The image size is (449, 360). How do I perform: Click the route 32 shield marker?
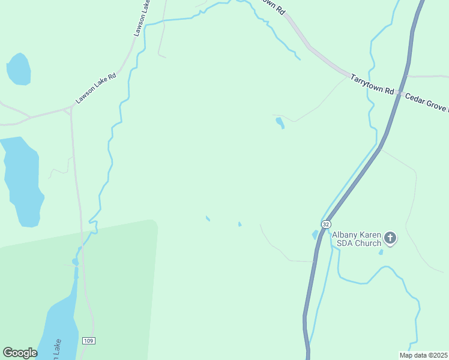(x=325, y=224)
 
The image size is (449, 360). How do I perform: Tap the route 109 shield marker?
(x=88, y=340)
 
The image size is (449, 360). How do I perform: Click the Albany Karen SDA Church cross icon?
(x=390, y=238)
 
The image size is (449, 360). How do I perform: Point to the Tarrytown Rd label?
(x=372, y=84)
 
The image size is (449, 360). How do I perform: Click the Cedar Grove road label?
(x=426, y=102)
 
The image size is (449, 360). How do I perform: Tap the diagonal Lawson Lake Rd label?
(x=95, y=88)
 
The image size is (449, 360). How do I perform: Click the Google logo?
(x=20, y=353)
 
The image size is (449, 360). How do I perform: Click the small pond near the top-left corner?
(x=18, y=70)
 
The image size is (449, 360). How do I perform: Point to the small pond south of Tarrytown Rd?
(x=280, y=123)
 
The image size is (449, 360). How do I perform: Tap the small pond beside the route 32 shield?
(x=315, y=235)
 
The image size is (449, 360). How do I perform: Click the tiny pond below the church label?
(x=381, y=252)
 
